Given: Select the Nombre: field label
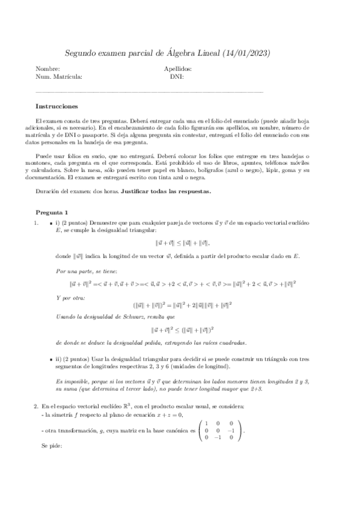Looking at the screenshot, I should click(x=47, y=69).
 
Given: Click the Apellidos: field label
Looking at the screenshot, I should click(x=177, y=69).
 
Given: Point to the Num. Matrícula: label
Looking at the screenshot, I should click(x=59, y=77).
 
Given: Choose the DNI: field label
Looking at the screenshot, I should click(x=177, y=77).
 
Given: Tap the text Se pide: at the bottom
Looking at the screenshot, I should click(x=52, y=447).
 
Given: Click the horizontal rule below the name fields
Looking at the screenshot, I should click(x=150, y=92).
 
